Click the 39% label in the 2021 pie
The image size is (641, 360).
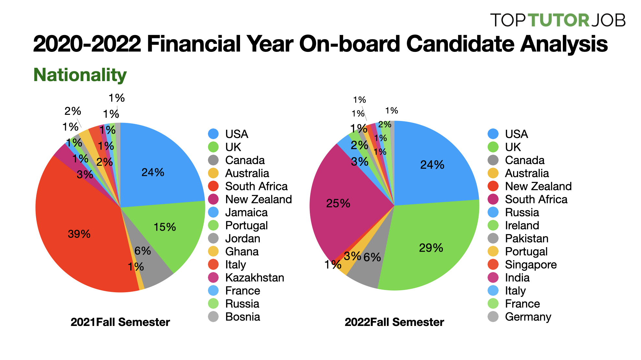pos(79,234)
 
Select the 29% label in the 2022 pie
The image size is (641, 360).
pos(431,248)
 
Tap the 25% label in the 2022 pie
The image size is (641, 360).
pos(338,203)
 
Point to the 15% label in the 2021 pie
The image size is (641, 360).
pos(165,227)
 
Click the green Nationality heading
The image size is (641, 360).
pos(80,75)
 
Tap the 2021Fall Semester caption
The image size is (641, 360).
pos(120,322)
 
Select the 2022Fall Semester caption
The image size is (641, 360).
pos(394,322)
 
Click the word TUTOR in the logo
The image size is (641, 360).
pos(558,20)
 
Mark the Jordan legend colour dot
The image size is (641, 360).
pos(213,238)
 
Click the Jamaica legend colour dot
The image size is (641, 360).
pos(213,212)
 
